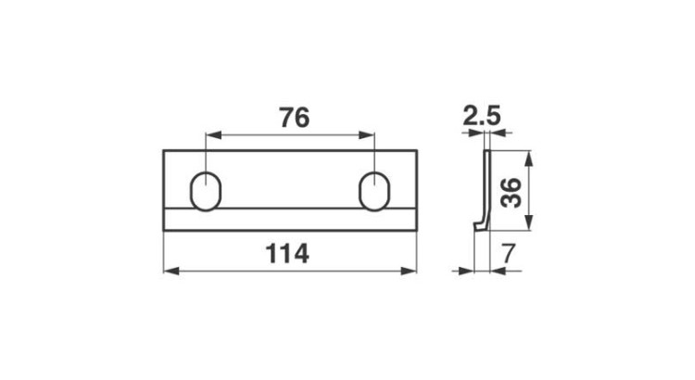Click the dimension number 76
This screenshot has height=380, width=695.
click(x=295, y=118)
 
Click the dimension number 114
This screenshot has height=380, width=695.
click(x=287, y=254)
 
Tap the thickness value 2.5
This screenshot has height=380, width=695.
click(x=481, y=116)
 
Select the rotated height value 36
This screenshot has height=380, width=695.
click(x=511, y=193)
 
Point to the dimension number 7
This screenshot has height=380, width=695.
click(x=509, y=254)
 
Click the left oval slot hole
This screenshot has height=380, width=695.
click(x=206, y=191)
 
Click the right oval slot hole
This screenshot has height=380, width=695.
click(x=374, y=191)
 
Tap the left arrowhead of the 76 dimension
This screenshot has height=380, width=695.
click(x=213, y=134)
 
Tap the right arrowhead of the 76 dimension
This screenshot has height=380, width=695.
click(x=367, y=134)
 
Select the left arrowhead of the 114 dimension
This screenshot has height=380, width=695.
click(x=171, y=271)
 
